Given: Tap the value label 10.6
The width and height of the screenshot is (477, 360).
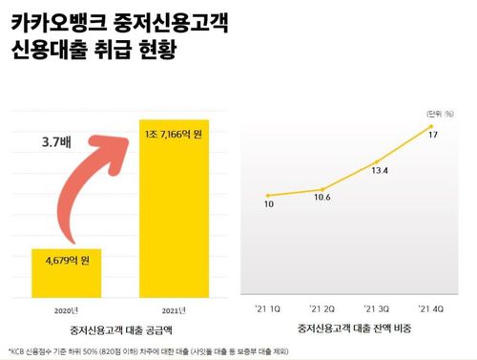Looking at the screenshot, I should click(322, 198).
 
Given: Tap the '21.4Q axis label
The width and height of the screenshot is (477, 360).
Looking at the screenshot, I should click(432, 309).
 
